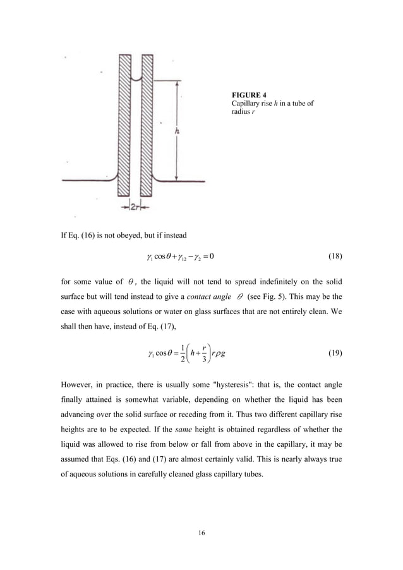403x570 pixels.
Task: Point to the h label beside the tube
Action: coord(177,131)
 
